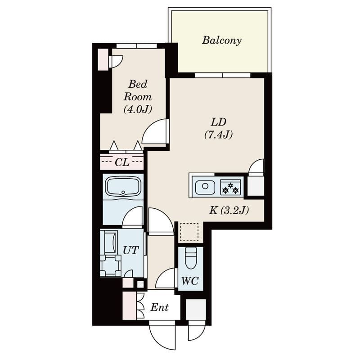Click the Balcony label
(221, 40)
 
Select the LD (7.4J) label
(219, 128)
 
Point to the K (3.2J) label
(229, 210)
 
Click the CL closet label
(122, 162)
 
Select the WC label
(190, 281)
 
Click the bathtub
(122, 186)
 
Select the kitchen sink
(205, 187)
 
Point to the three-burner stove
(231, 187)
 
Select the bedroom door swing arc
(154, 132)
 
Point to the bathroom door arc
(132, 217)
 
